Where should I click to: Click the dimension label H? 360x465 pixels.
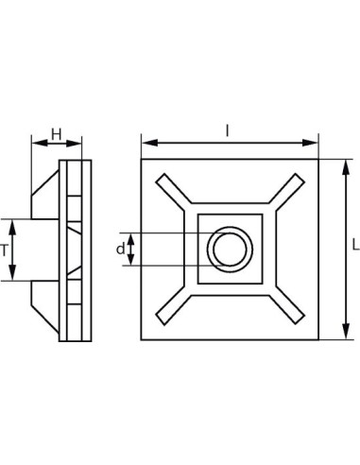[56, 134]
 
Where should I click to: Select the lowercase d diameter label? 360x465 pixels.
[120, 250]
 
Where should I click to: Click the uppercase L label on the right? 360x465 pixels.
[353, 244]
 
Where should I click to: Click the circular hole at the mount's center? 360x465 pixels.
[229, 250]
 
